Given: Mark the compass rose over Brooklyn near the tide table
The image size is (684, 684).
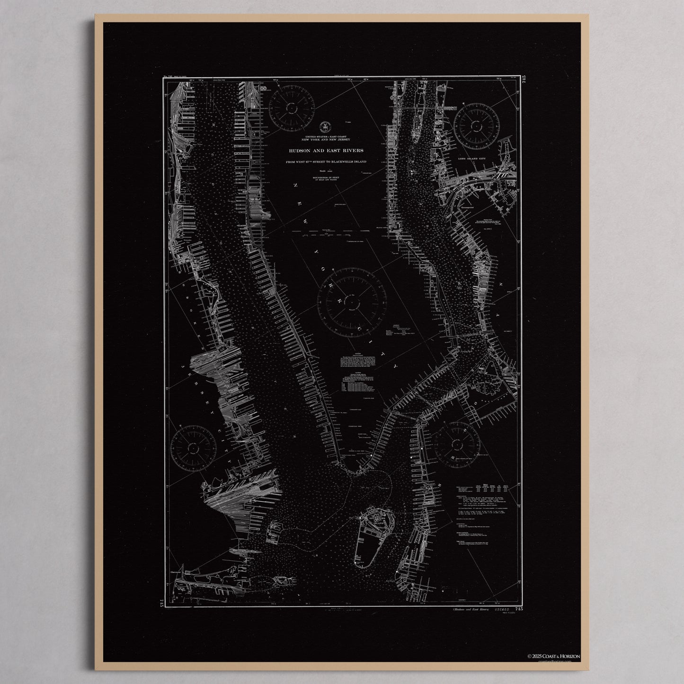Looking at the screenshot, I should (457, 445).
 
